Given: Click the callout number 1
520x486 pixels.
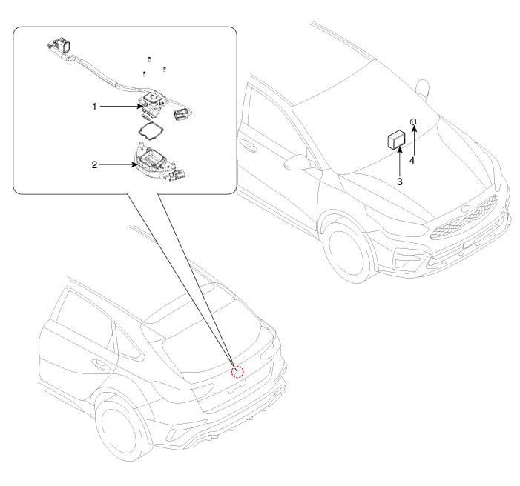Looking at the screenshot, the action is click(94, 107).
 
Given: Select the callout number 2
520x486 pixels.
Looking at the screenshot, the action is click(94, 164).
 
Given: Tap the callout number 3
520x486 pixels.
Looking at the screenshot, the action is click(400, 182).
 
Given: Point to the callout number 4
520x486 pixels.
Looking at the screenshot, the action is click(412, 160).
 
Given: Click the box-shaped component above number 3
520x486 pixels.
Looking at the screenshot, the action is click(396, 139).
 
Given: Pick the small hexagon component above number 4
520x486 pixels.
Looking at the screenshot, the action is click(413, 122).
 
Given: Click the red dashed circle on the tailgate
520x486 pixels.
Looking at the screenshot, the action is click(237, 372).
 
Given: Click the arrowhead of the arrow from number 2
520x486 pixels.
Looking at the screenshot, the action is click(134, 164).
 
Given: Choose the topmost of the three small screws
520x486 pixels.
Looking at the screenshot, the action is click(149, 59).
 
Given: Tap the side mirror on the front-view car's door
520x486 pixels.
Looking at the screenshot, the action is click(299, 162).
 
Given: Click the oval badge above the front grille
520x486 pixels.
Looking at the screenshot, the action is click(466, 209).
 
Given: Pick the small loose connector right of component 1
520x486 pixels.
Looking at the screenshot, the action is click(182, 114).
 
